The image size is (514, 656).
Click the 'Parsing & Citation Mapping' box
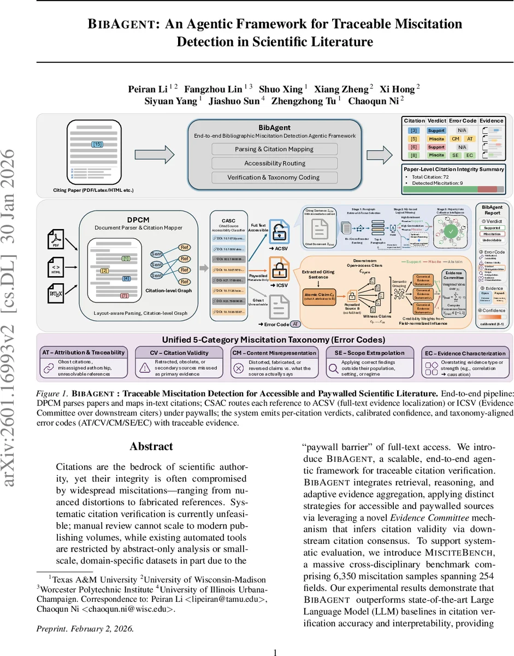[274, 149]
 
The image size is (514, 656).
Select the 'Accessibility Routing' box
[274, 163]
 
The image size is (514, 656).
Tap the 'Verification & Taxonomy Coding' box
[274, 177]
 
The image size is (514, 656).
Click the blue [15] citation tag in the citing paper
[98, 144]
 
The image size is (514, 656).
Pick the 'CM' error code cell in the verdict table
[455, 139]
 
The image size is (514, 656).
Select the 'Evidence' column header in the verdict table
[492, 121]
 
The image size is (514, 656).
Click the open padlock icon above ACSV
[278, 235]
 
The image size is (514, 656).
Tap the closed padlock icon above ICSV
[278, 270]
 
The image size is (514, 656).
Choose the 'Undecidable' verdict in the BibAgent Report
[492, 240]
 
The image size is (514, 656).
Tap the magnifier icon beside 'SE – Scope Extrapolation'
[330, 368]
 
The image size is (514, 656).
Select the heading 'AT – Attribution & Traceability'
[84, 352]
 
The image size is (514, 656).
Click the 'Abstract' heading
[151, 446]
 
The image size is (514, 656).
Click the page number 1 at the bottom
[275, 651]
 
